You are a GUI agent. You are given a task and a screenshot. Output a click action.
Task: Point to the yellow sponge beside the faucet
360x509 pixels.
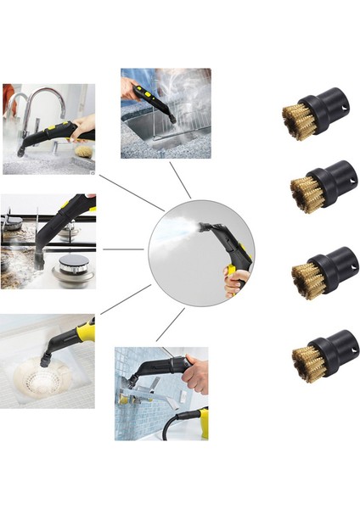[x=83, y=150]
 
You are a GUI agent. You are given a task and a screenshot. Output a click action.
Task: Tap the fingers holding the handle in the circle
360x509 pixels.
[x=237, y=280]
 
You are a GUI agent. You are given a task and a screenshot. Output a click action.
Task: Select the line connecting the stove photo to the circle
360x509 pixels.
[x=123, y=249]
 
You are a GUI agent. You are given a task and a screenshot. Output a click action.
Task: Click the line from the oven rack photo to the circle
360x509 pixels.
[x=179, y=179]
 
